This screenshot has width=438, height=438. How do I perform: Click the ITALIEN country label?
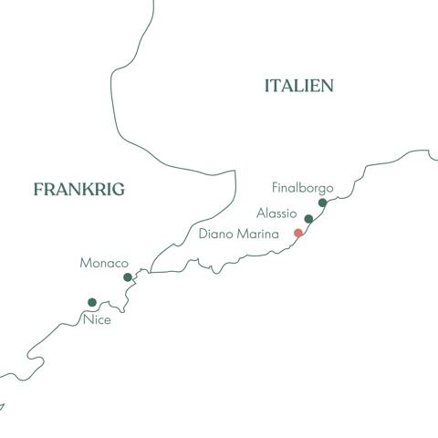(298, 86)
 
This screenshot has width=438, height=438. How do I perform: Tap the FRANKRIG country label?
(78, 189)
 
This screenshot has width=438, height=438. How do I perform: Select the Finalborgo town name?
(303, 188)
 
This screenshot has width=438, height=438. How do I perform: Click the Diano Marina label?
(239, 234)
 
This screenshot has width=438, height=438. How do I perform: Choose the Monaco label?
(104, 263)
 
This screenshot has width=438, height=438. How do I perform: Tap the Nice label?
(96, 319)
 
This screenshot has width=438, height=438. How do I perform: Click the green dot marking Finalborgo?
(322, 203)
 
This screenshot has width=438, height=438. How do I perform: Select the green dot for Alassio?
(308, 219)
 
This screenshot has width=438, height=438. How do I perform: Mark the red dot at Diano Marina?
(297, 234)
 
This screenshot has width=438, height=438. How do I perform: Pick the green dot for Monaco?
(128, 277)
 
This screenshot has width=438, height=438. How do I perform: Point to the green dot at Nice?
(91, 303)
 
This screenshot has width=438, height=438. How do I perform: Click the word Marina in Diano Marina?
(259, 234)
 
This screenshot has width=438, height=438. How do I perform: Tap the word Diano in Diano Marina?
(217, 234)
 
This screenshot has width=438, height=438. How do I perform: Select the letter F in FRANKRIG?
(38, 189)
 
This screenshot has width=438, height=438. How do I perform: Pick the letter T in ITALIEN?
(276, 86)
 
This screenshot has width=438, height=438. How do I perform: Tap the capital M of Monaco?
(85, 263)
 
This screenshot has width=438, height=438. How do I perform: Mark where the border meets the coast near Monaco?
(150, 271)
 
